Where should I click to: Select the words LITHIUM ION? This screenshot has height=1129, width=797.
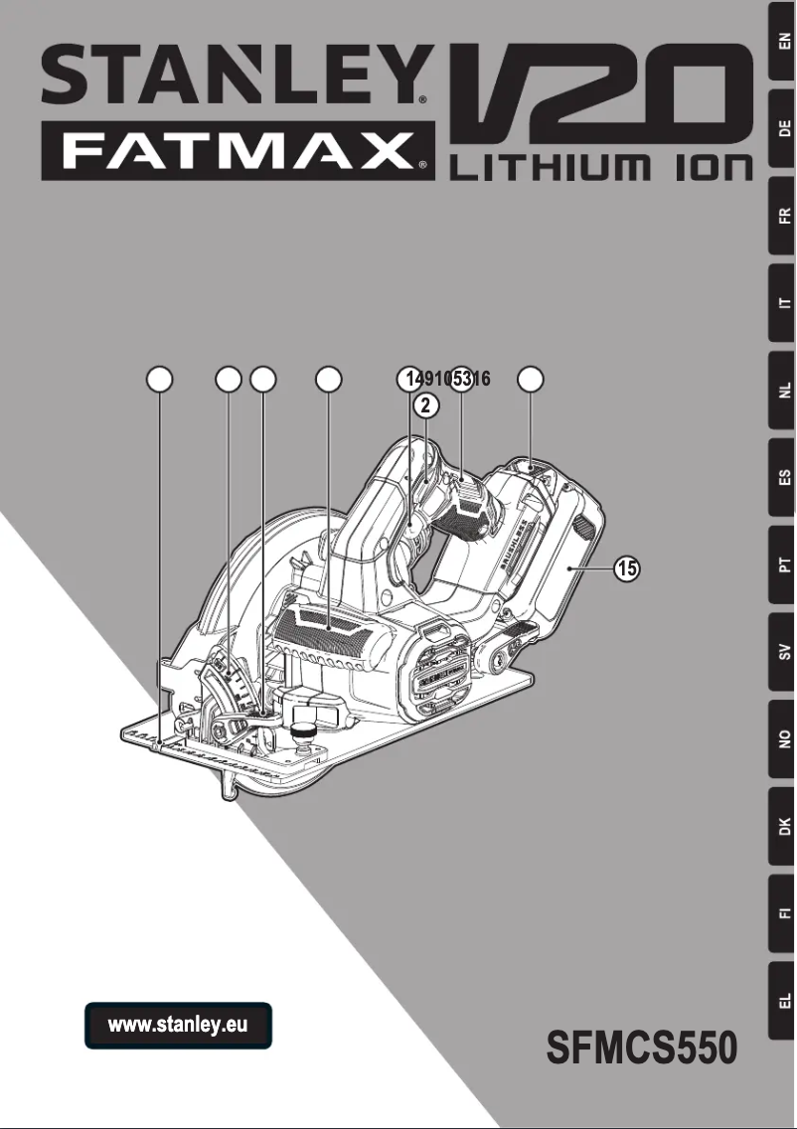602,170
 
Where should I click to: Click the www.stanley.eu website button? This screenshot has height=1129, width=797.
178,1025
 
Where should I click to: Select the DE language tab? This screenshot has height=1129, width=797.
784,128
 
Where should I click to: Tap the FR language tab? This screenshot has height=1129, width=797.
784,216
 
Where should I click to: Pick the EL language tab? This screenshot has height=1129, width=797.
784,999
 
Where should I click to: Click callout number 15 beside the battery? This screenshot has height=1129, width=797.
625,569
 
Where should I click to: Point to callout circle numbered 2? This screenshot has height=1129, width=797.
425,404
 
